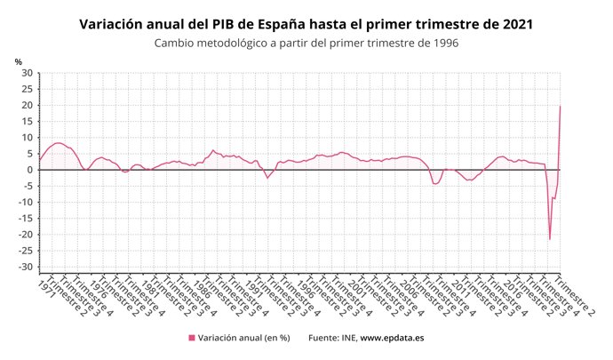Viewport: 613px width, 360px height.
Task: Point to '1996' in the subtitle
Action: (x=443, y=44)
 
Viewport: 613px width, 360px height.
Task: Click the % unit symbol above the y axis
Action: (x=19, y=61)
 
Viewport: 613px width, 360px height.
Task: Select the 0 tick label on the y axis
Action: (x=29, y=170)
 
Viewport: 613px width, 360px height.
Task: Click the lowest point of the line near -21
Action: (x=550, y=238)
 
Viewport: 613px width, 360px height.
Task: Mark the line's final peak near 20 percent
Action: (x=560, y=106)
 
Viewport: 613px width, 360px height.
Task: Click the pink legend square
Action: (x=191, y=338)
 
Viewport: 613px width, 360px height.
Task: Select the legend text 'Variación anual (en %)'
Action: (x=244, y=338)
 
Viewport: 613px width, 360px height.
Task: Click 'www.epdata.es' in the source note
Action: (x=392, y=338)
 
